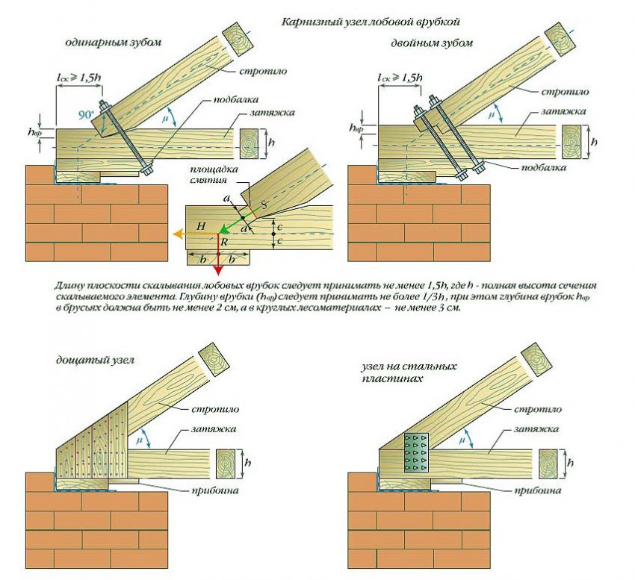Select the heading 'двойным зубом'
click(x=432, y=43)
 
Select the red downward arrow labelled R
click(x=217, y=254)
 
